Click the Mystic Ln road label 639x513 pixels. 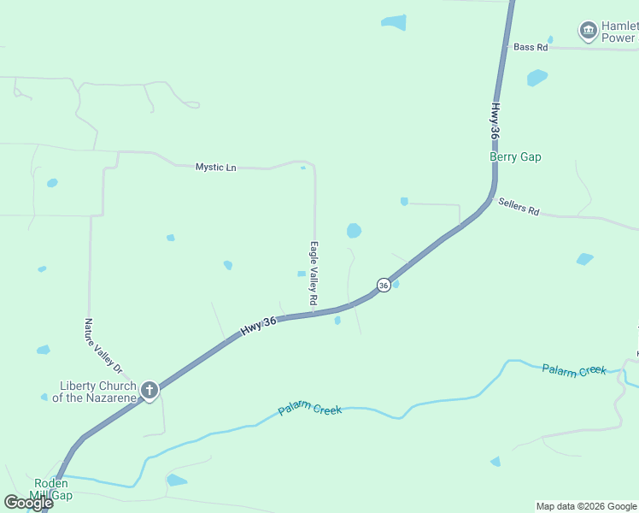click(215, 168)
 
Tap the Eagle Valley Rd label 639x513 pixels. click(314, 274)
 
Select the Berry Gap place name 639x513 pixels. click(515, 157)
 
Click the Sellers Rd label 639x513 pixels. click(519, 207)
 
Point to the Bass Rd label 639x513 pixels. click(531, 48)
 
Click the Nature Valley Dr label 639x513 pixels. click(104, 345)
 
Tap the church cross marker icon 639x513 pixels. click(149, 392)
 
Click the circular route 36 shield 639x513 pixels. click(384, 285)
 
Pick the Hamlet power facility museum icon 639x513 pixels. click(588, 32)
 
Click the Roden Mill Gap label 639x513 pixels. click(51, 489)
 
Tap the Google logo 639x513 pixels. click(28, 503)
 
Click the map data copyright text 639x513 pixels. click(587, 506)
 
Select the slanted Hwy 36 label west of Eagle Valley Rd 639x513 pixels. click(258, 325)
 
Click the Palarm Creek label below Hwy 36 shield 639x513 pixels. click(310, 410)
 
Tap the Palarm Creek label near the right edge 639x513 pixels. click(574, 369)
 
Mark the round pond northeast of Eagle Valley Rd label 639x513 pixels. click(354, 230)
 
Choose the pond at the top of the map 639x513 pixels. click(394, 22)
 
